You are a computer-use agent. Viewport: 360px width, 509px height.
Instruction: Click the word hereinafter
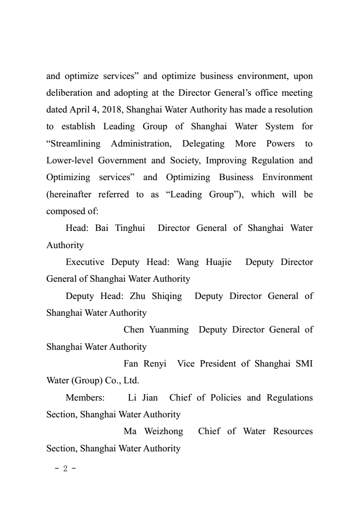tap(71, 194)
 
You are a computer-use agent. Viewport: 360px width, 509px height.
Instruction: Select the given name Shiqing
tap(167, 296)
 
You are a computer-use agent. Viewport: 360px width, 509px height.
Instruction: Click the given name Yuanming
tap(169, 330)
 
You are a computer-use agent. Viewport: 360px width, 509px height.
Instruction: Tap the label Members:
tap(85, 398)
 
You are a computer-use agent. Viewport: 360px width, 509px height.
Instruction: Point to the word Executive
tap(85, 262)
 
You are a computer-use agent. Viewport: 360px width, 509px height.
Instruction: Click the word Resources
tap(293, 431)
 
